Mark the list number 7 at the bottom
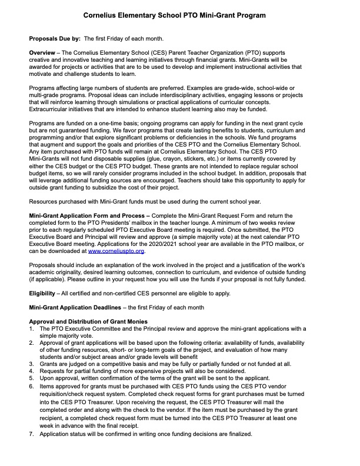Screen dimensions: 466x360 tap(32, 434)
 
